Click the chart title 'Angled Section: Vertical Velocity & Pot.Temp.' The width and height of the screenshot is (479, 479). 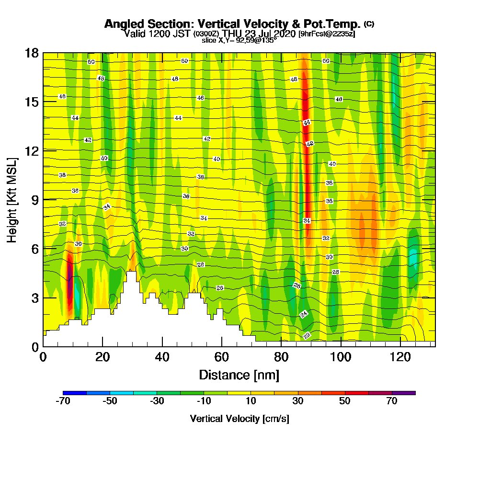click(x=232, y=24)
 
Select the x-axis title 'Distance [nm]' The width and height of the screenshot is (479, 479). click(x=239, y=375)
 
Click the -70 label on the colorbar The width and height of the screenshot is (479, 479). click(x=63, y=401)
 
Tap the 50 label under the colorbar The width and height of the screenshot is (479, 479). click(x=345, y=401)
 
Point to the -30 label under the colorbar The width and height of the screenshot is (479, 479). click(x=157, y=401)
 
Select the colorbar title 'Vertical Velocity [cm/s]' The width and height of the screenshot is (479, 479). click(x=239, y=419)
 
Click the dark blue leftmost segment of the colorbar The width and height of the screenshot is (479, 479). click(x=75, y=393)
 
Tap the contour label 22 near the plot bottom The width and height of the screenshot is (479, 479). click(x=307, y=335)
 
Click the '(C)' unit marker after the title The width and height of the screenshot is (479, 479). click(x=369, y=23)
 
